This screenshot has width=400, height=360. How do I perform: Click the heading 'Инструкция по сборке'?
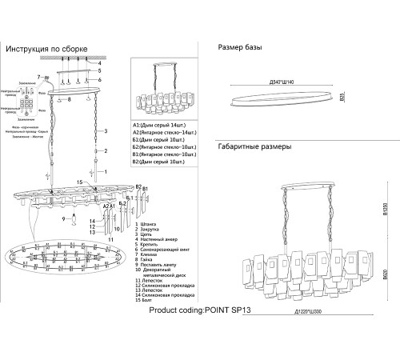[x=48, y=50]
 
